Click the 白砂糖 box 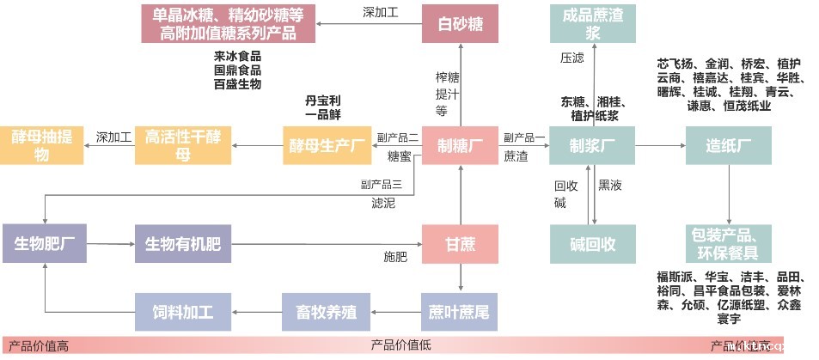(x=460, y=24)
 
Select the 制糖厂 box (x=460, y=145)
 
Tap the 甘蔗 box (x=460, y=244)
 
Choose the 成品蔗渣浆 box (x=593, y=24)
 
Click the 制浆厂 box (x=593, y=145)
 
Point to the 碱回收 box (x=593, y=244)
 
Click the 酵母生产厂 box (x=325, y=145)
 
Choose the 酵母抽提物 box (x=41, y=145)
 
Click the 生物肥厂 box (x=44, y=244)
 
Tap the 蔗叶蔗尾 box (x=460, y=311)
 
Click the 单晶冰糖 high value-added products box (x=228, y=24)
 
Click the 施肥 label (x=394, y=256)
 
